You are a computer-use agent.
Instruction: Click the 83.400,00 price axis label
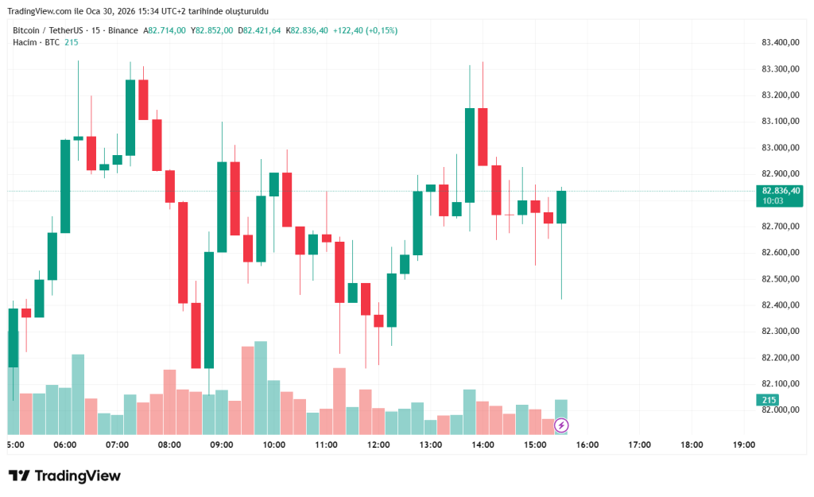[779, 43]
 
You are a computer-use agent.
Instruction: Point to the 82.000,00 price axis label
[779, 410]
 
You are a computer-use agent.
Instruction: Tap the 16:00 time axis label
[587, 445]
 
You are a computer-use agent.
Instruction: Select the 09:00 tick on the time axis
[221, 445]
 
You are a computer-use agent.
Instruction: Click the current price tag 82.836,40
[779, 191]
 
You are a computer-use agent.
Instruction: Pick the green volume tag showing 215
[769, 400]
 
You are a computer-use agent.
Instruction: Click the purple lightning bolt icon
[561, 425]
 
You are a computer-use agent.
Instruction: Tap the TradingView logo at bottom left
[65, 476]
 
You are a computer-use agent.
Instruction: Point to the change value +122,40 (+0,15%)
[366, 30]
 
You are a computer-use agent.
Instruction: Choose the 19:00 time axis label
[743, 445]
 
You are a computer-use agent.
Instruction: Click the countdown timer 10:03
[773, 201]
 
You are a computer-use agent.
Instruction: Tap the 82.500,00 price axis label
[779, 279]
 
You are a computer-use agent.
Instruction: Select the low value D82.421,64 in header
[260, 30]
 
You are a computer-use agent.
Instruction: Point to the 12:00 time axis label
[378, 445]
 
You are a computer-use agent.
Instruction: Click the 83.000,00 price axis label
[779, 148]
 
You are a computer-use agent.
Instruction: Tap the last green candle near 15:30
[561, 207]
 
